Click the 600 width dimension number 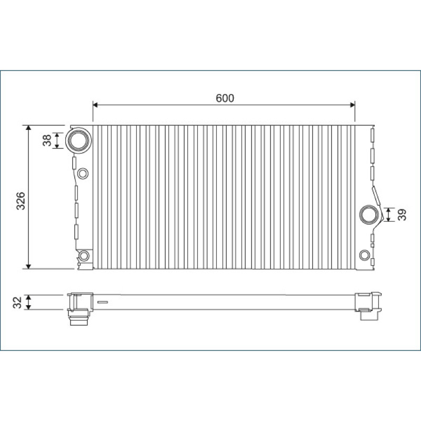[x=225, y=98]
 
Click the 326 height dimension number [x=21, y=201]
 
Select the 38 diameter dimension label [x=47, y=141]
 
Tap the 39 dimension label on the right [x=402, y=215]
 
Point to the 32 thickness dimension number [x=17, y=303]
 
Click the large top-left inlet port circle [x=78, y=141]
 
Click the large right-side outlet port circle [x=369, y=215]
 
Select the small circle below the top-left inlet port [x=83, y=174]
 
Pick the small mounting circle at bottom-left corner [x=84, y=256]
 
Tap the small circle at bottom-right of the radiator [x=365, y=255]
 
